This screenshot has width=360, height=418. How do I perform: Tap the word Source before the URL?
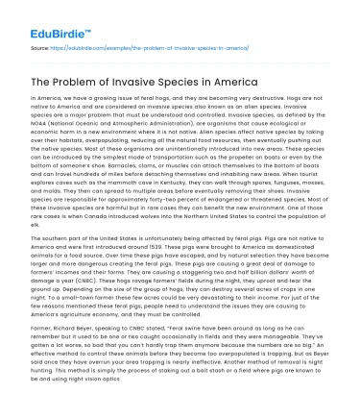(40, 47)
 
